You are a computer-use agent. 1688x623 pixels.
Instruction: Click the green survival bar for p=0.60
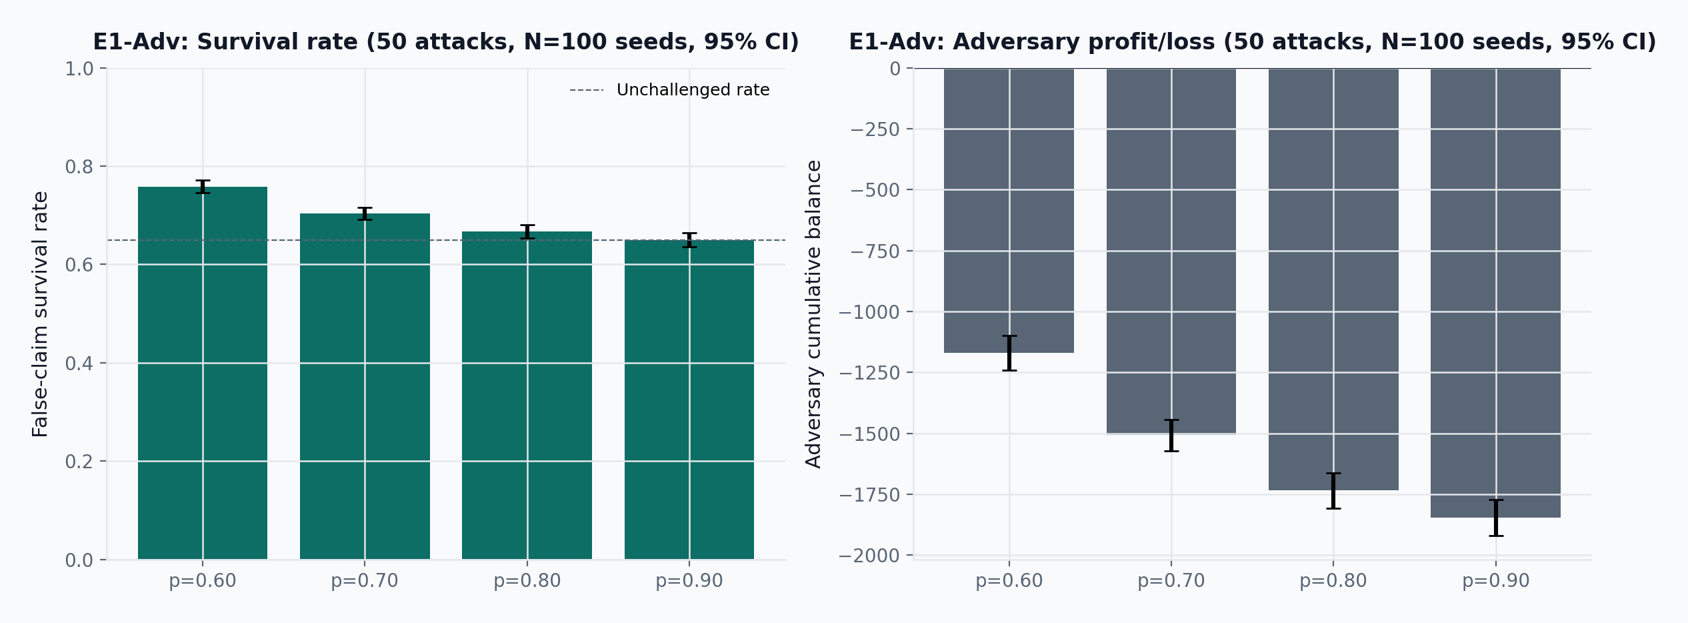click(x=203, y=373)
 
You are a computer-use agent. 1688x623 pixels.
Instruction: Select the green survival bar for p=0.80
click(x=527, y=396)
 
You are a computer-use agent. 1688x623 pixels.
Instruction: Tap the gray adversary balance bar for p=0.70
click(x=1171, y=251)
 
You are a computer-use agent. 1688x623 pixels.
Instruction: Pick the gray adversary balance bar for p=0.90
click(x=1495, y=293)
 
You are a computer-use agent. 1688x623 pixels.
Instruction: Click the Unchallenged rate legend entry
click(x=669, y=90)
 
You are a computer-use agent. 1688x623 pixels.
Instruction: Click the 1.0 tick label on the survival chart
click(x=79, y=69)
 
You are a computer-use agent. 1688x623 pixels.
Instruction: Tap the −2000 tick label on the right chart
click(x=869, y=556)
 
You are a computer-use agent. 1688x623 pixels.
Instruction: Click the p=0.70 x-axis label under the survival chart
click(x=365, y=581)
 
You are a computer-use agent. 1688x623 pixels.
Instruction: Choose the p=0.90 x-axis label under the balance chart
click(x=1495, y=581)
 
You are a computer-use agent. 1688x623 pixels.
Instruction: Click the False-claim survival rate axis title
click(x=40, y=314)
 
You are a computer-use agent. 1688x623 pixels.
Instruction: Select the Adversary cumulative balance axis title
click(x=813, y=314)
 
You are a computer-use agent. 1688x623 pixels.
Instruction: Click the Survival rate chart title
click(x=446, y=42)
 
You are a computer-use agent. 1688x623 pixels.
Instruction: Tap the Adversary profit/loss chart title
click(x=1253, y=42)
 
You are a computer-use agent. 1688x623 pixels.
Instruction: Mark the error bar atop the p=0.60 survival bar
click(x=203, y=187)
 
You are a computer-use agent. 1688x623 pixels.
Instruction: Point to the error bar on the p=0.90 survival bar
click(x=689, y=240)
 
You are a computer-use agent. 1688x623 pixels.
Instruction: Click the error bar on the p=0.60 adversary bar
click(x=1009, y=353)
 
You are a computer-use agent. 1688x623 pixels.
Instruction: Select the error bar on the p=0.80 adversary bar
click(x=1333, y=491)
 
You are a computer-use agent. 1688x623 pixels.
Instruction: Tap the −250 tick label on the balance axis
click(x=875, y=129)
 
